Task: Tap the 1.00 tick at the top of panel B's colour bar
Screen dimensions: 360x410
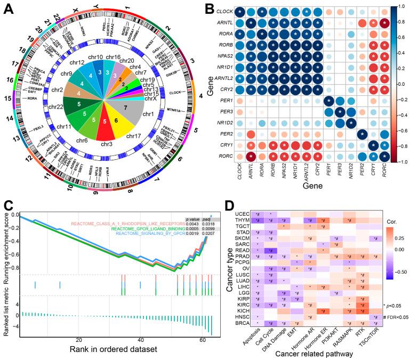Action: pyautogui.click(x=402, y=9)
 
